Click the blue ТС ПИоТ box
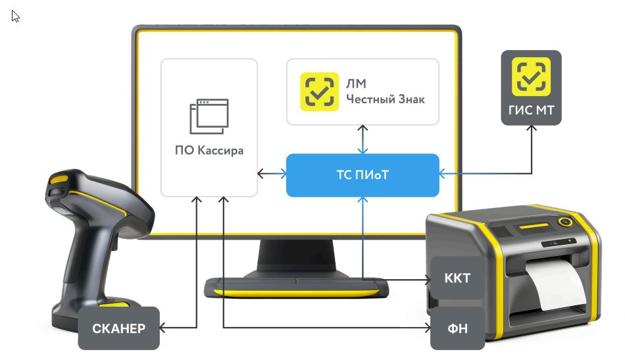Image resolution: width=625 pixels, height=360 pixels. (362, 175)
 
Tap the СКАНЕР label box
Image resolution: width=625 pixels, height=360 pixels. (119, 328)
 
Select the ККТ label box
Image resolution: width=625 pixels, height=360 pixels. (458, 278)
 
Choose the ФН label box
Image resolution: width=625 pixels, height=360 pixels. (458, 328)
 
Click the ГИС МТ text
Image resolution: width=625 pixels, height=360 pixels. (532, 110)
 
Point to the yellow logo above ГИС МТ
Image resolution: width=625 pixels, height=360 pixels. (532, 76)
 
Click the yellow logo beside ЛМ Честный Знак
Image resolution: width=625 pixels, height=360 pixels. (319, 91)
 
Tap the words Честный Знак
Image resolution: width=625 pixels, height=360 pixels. (386, 99)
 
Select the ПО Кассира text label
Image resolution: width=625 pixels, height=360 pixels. (209, 150)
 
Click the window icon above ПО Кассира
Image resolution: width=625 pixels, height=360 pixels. (209, 116)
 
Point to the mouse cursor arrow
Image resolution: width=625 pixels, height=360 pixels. (15, 16)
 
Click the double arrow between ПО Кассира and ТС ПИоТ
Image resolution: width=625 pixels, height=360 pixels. (272, 174)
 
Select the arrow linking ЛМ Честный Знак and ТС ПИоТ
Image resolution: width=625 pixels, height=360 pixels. (362, 140)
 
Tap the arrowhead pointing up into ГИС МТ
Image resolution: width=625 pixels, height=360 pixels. (532, 128)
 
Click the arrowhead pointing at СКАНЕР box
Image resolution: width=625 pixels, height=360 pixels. (162, 328)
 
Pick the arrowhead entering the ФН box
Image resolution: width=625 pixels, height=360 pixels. (428, 328)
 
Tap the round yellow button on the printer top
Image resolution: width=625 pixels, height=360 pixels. (565, 222)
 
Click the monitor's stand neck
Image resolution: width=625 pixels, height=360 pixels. (297, 257)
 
